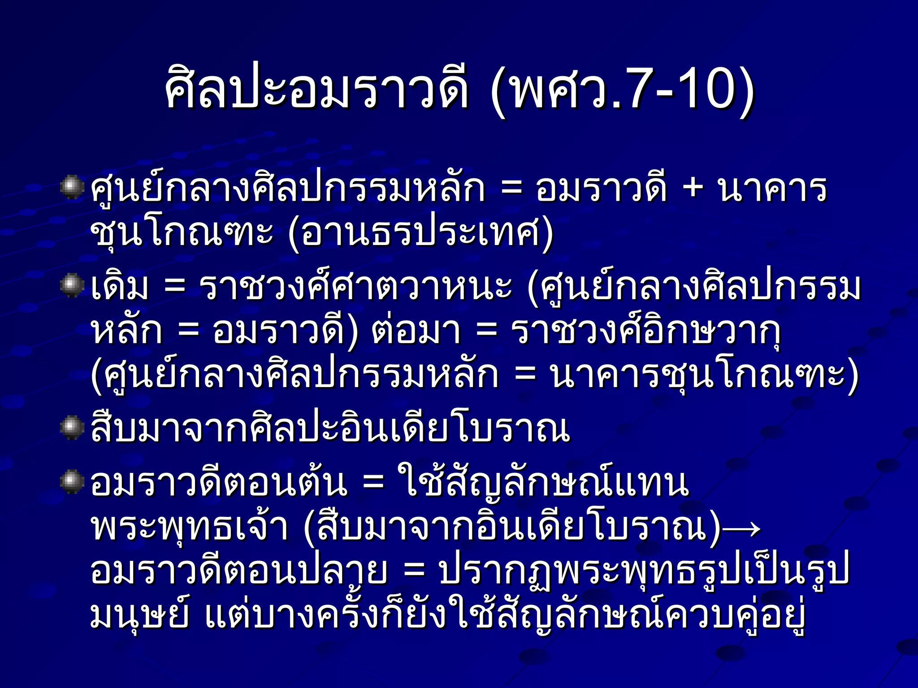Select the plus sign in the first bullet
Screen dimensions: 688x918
[x=693, y=188]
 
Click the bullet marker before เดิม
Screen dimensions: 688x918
[x=72, y=286]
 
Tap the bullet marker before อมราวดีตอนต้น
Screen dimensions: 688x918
[x=72, y=482]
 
